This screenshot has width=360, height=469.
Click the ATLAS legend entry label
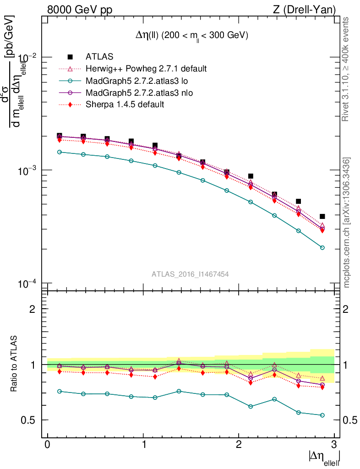(99, 57)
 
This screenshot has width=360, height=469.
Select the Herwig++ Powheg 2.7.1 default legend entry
(146, 69)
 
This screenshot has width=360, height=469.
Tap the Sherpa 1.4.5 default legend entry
(125, 105)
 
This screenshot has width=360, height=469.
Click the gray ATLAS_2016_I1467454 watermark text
(190, 274)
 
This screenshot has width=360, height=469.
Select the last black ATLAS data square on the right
(322, 217)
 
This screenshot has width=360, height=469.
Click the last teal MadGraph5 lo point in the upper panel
(322, 248)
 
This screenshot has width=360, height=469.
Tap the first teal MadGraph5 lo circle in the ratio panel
(60, 392)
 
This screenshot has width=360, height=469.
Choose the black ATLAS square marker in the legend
(70, 57)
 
